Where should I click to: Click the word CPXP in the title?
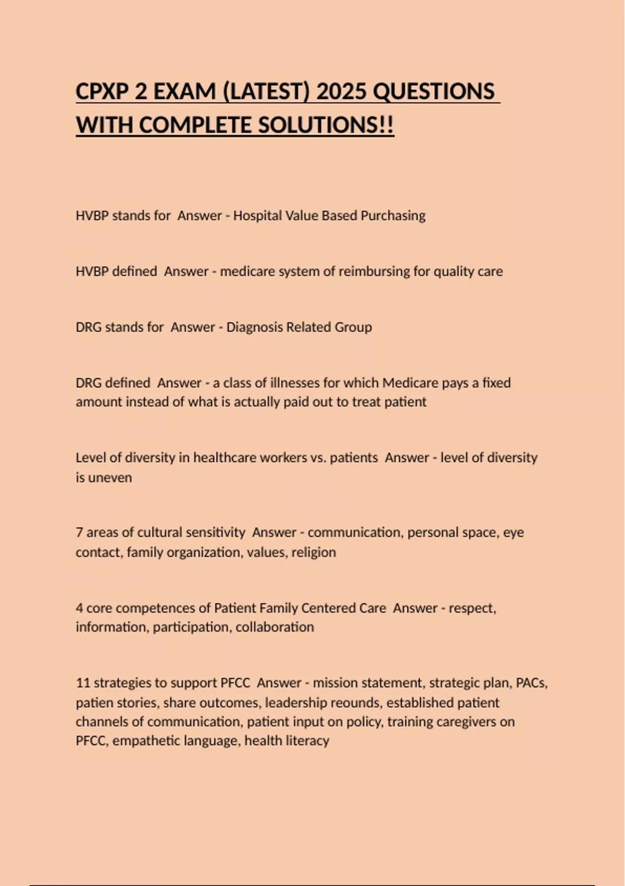coord(101,92)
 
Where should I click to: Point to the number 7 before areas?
coord(79,533)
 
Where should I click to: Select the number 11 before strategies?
coord(83,683)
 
